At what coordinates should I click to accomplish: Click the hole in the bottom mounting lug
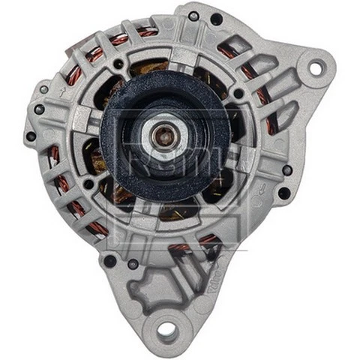pos(167,329)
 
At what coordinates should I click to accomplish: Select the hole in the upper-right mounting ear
pos(315,68)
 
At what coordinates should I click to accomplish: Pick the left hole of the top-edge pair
pos(193,16)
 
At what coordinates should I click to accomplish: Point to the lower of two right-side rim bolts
pos(283,193)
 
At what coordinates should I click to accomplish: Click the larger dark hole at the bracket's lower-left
pos(109,261)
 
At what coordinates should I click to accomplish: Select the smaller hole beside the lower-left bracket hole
pos(132,263)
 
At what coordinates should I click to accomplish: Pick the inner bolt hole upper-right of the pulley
pos(238,93)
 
